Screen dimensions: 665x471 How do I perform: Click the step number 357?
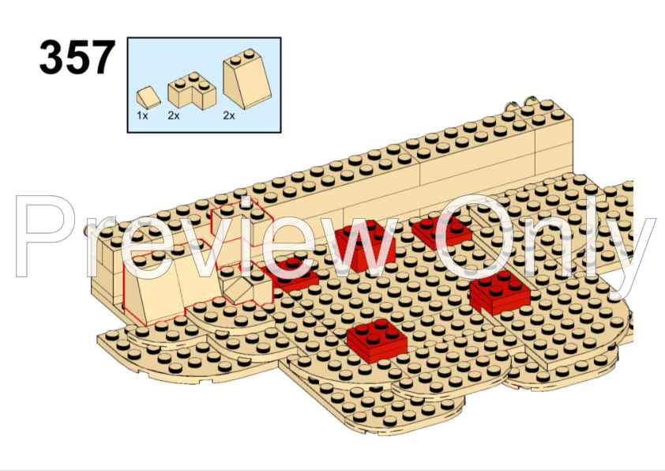click(77, 57)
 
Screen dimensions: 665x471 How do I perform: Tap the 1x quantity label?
click(142, 115)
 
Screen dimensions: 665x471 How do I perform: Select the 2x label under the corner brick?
click(174, 115)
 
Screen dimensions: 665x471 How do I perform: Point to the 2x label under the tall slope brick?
click(229, 115)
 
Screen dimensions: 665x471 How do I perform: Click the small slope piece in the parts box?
click(148, 97)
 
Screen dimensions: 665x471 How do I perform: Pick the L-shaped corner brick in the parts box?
click(192, 90)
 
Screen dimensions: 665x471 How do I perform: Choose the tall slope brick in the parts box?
click(247, 77)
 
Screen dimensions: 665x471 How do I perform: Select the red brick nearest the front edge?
click(377, 341)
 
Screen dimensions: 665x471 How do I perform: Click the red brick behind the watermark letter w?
click(366, 245)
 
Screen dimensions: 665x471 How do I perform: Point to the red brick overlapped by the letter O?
click(441, 232)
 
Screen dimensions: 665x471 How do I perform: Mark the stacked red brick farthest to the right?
click(500, 292)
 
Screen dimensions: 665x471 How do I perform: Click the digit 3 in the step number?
click(52, 57)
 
